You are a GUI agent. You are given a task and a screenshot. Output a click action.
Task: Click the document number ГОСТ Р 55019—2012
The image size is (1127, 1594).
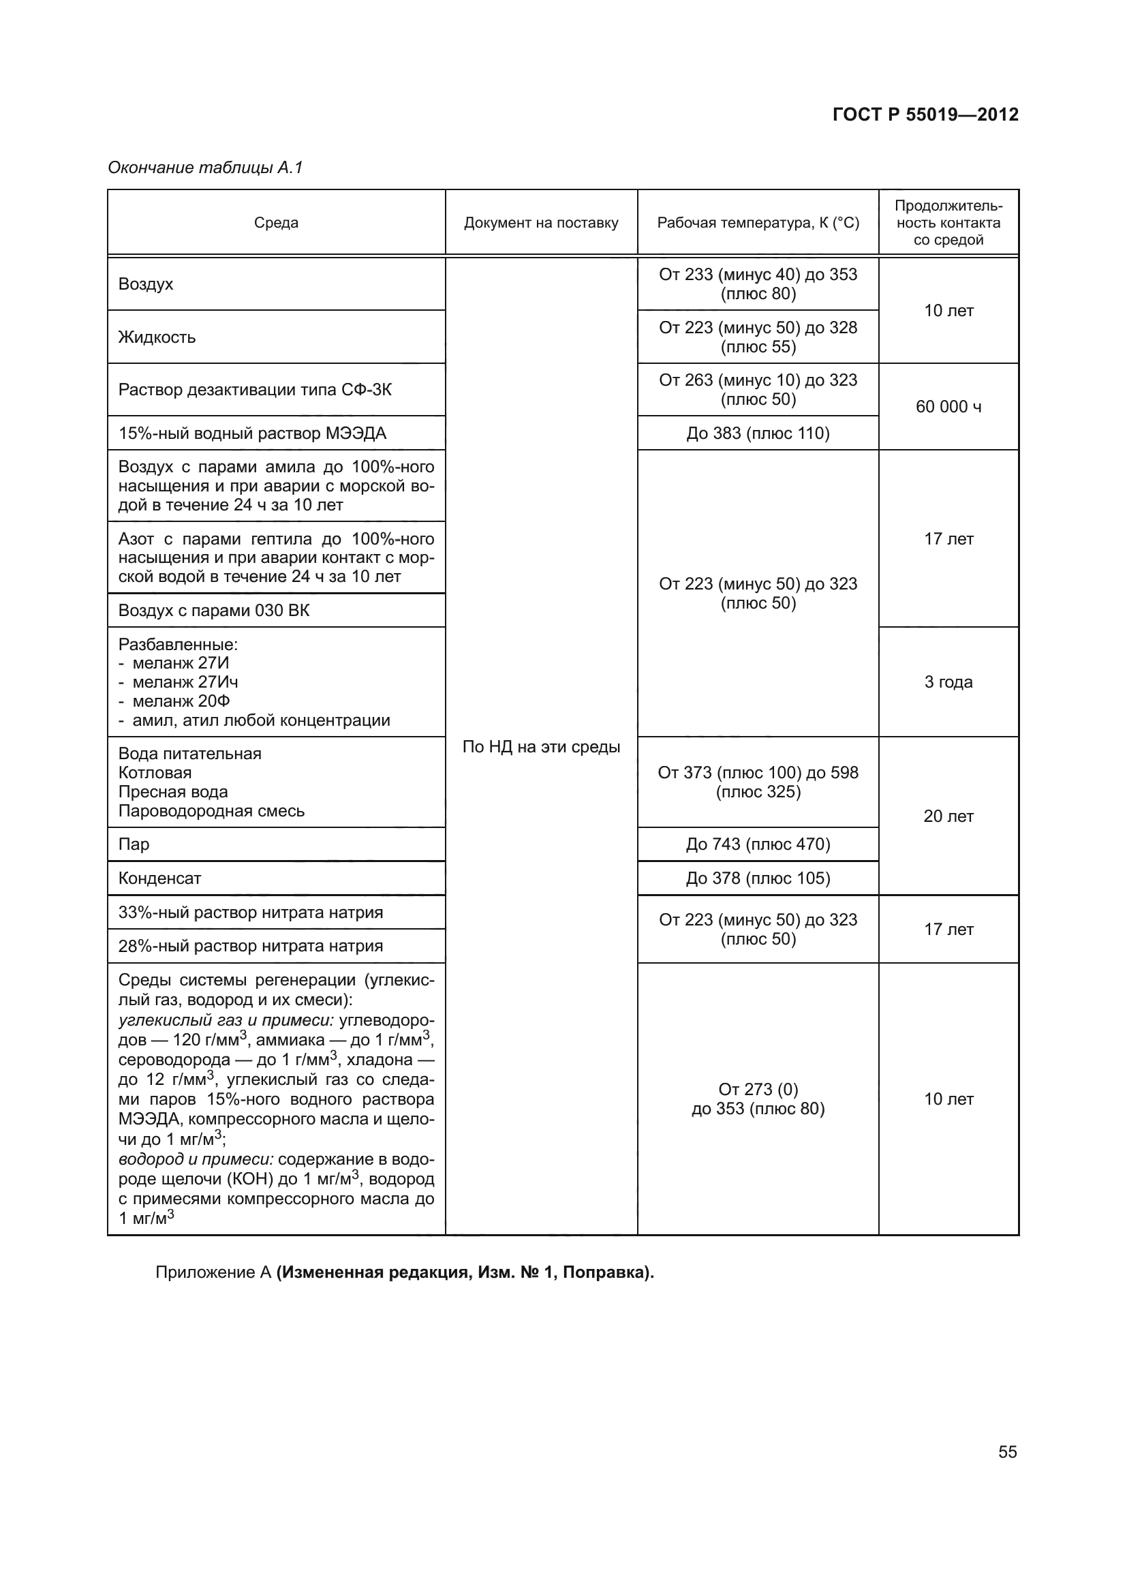[x=925, y=114]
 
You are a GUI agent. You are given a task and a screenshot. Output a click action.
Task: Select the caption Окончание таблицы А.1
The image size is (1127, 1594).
[x=205, y=168]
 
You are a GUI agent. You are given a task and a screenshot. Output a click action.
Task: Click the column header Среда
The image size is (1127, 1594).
[x=275, y=223]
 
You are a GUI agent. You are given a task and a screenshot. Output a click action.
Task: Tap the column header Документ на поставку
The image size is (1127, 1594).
[x=540, y=223]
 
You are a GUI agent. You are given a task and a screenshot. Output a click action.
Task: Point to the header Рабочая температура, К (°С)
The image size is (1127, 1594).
[x=758, y=223]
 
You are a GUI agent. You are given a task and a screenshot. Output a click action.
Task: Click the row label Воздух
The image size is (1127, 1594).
[x=146, y=284]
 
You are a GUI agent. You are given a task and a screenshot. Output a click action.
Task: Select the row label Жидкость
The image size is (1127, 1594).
[x=157, y=337]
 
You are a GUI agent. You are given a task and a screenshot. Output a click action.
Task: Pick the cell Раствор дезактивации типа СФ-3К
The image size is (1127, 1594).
[x=255, y=390]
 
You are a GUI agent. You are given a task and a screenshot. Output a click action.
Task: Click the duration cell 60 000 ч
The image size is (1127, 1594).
[x=948, y=407]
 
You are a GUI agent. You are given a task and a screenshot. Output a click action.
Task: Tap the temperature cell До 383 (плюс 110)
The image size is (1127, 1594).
[x=758, y=433]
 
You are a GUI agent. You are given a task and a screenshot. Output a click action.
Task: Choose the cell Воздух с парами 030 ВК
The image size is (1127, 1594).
[x=214, y=610]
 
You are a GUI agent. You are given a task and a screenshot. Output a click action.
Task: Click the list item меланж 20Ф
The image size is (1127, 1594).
[x=181, y=701]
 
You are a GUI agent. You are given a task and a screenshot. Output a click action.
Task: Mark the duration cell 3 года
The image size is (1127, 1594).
[x=948, y=681]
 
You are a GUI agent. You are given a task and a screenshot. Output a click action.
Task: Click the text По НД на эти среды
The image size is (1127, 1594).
[x=540, y=747]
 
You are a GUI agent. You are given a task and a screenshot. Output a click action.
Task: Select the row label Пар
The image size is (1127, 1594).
[x=134, y=844]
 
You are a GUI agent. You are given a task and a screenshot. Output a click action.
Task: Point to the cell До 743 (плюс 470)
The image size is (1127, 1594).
[x=758, y=844]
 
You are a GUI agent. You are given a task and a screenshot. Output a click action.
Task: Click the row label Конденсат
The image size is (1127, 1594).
[x=159, y=878]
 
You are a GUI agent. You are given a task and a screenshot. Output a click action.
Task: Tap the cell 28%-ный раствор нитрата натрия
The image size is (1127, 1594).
[x=251, y=946]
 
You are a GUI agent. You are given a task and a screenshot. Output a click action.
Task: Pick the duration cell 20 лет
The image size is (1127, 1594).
[x=948, y=816]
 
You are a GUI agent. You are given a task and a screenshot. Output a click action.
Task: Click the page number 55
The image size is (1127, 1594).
[x=1007, y=1452]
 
